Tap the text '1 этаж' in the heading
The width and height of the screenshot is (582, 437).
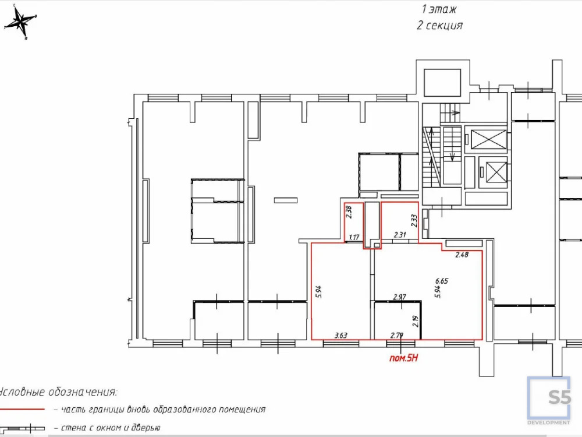point(439,9)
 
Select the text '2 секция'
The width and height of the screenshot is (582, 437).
point(439,25)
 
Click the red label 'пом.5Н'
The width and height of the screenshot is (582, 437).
point(404,359)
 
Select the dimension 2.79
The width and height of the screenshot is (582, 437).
point(397,335)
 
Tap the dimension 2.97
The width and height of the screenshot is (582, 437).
point(399,297)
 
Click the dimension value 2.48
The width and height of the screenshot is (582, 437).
point(462,254)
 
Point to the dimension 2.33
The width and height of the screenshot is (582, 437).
point(414,220)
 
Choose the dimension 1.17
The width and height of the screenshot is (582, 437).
point(354,237)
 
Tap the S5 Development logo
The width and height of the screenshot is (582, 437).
point(549,401)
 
